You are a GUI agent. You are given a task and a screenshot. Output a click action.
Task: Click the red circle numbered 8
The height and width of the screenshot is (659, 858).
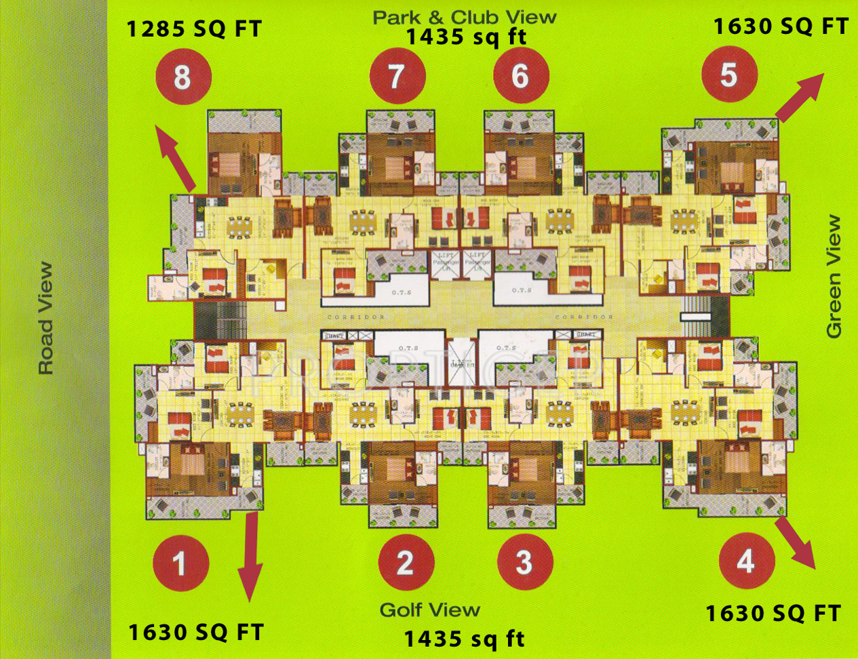[182, 77]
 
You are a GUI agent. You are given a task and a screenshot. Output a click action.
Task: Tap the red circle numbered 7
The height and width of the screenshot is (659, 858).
[397, 76]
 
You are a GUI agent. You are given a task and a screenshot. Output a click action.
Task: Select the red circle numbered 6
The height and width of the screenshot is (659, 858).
[520, 76]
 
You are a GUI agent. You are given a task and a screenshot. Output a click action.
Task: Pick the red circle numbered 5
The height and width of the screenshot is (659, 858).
[729, 75]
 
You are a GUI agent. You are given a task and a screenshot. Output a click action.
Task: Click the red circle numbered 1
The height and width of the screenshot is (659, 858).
[180, 563]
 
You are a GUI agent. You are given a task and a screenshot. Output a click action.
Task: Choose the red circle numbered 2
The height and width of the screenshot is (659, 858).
[406, 562]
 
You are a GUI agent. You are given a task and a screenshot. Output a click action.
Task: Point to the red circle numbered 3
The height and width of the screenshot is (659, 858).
[524, 562]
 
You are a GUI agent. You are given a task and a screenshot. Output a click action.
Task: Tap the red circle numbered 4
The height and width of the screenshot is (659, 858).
[746, 561]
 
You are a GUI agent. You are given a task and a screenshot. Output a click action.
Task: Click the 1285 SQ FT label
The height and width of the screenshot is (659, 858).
[194, 29]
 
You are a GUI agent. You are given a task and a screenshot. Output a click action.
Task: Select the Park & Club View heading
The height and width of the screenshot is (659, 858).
[465, 17]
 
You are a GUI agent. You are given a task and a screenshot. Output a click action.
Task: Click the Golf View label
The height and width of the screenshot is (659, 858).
[430, 610]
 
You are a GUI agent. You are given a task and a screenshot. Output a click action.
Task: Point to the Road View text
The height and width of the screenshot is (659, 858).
[45, 319]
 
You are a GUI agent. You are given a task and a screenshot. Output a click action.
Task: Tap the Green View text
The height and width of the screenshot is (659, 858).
[834, 277]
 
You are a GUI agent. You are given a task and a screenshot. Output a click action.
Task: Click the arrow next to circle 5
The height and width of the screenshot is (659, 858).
[800, 98]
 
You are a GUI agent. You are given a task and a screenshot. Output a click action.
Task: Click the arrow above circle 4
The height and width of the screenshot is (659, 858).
[796, 542]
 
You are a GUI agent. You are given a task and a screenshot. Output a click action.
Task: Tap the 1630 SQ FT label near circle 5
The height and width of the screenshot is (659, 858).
[781, 26]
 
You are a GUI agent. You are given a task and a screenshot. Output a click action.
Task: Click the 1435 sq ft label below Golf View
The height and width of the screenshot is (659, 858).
[465, 639]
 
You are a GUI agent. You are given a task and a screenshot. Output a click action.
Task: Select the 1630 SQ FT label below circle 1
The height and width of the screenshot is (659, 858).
[195, 633]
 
